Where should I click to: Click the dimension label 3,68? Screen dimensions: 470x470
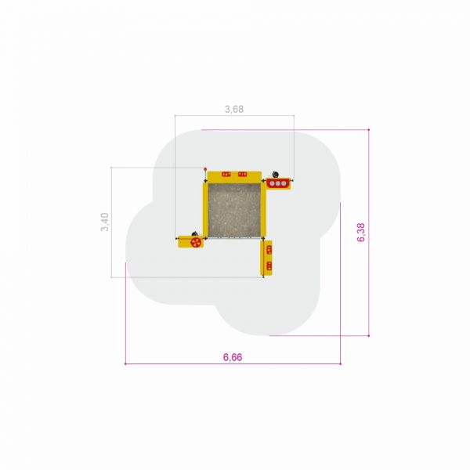click(x=234, y=109)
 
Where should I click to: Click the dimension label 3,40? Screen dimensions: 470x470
click(x=105, y=222)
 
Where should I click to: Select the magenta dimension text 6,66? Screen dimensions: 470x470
click(x=233, y=357)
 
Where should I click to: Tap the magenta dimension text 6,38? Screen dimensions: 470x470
click(x=361, y=233)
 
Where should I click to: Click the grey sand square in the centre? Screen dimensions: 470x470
click(x=234, y=210)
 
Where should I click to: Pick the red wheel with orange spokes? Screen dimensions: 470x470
click(x=196, y=243)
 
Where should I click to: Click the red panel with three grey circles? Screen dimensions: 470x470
click(x=278, y=183)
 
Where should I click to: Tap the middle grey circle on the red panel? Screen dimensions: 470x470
click(x=278, y=183)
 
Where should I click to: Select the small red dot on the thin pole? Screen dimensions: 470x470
click(x=205, y=169)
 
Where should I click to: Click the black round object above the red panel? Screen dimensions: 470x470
click(x=275, y=174)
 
